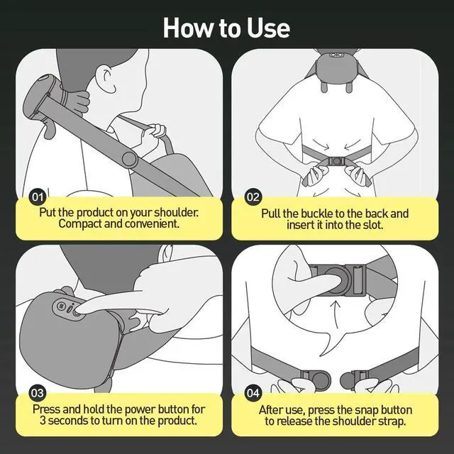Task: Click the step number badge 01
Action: pyautogui.click(x=38, y=197)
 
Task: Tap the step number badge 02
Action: pyautogui.click(x=253, y=197)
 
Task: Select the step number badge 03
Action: pyautogui.click(x=38, y=393)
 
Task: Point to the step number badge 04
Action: pyautogui.click(x=253, y=393)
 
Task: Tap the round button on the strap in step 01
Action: pyautogui.click(x=129, y=159)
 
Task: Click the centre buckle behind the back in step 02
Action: pyautogui.click(x=336, y=161)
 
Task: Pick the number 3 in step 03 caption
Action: pyautogui.click(x=43, y=421)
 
